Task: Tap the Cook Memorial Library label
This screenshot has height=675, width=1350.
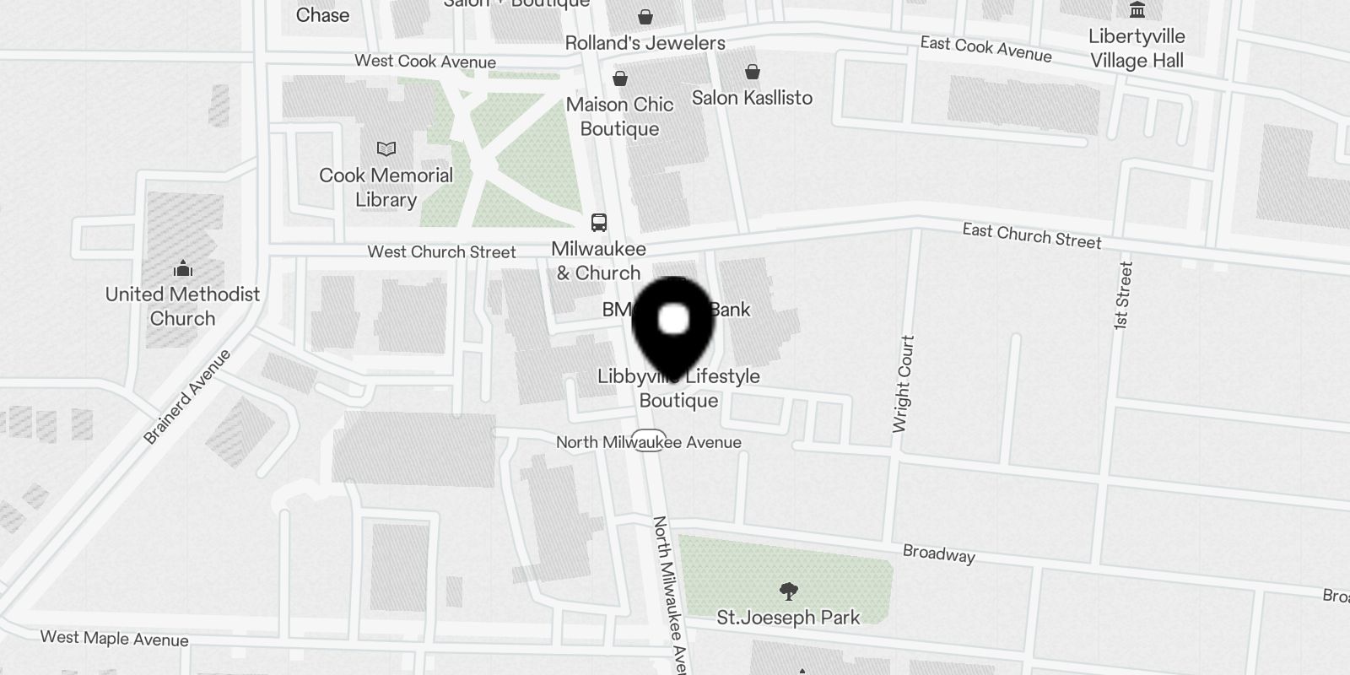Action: point(386,187)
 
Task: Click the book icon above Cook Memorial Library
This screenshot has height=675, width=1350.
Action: point(386,149)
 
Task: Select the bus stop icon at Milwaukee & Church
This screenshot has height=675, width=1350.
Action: point(599,223)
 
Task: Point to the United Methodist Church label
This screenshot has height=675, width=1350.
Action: point(182,306)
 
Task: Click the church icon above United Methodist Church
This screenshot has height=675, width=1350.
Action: point(182,270)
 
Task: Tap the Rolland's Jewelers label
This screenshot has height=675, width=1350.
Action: point(645,43)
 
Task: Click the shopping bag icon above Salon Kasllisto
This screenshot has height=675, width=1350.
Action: point(752,73)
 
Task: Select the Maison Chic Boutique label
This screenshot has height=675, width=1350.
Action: point(619,116)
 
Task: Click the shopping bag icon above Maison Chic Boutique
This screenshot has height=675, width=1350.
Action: point(620,78)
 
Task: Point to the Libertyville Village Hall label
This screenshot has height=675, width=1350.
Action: point(1137,48)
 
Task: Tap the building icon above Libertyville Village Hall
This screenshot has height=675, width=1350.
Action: point(1137,10)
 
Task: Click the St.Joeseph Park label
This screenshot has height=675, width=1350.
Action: point(788,618)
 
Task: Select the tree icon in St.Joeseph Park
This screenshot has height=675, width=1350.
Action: point(788,590)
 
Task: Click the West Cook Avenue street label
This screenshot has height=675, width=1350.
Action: point(424,61)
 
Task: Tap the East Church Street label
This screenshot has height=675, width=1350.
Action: point(1031,236)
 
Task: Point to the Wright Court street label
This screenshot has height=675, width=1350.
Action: point(903,384)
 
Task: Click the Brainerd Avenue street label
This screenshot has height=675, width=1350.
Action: point(187,397)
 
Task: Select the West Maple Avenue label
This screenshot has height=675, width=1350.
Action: point(114,638)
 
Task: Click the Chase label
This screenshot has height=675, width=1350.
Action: point(322,15)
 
